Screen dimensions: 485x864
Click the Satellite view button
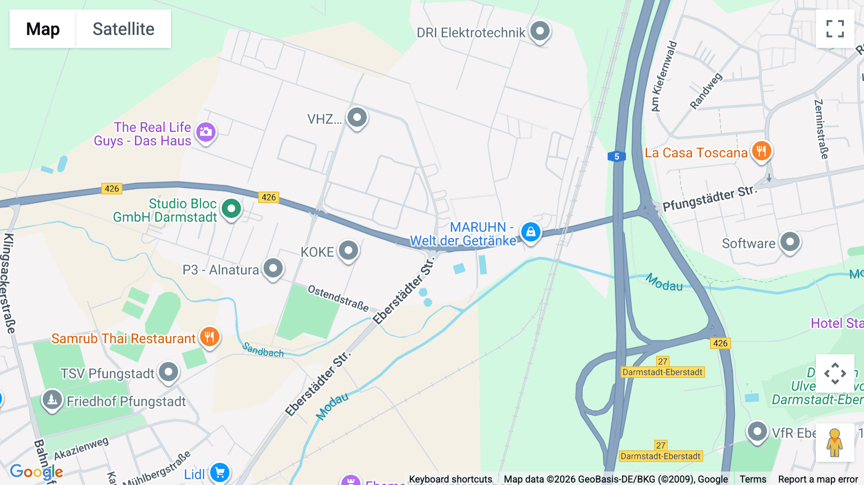(x=123, y=29)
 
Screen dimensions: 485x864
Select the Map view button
(x=43, y=29)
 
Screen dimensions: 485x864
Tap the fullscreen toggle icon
(x=835, y=29)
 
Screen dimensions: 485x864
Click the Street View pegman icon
(x=835, y=442)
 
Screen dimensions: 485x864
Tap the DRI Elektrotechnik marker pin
(x=540, y=31)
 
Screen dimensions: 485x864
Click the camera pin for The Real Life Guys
(x=206, y=132)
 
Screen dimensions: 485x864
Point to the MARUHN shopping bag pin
(x=530, y=232)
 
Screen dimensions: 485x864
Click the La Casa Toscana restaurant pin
(x=761, y=151)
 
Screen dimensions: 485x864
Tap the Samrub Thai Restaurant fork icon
(x=209, y=337)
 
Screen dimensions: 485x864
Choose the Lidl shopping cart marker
(x=220, y=473)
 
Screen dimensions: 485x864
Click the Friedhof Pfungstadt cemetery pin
(x=52, y=399)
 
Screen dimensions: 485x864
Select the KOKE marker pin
(x=348, y=250)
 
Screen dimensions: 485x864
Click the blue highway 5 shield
(x=617, y=156)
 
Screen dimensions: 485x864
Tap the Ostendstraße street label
(x=338, y=298)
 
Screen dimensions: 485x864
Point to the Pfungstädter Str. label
(x=709, y=198)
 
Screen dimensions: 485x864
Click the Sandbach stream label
(x=263, y=350)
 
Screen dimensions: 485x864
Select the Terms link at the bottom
(x=753, y=479)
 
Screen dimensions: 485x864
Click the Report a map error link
(x=818, y=479)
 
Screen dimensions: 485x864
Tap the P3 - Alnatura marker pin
(x=273, y=268)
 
